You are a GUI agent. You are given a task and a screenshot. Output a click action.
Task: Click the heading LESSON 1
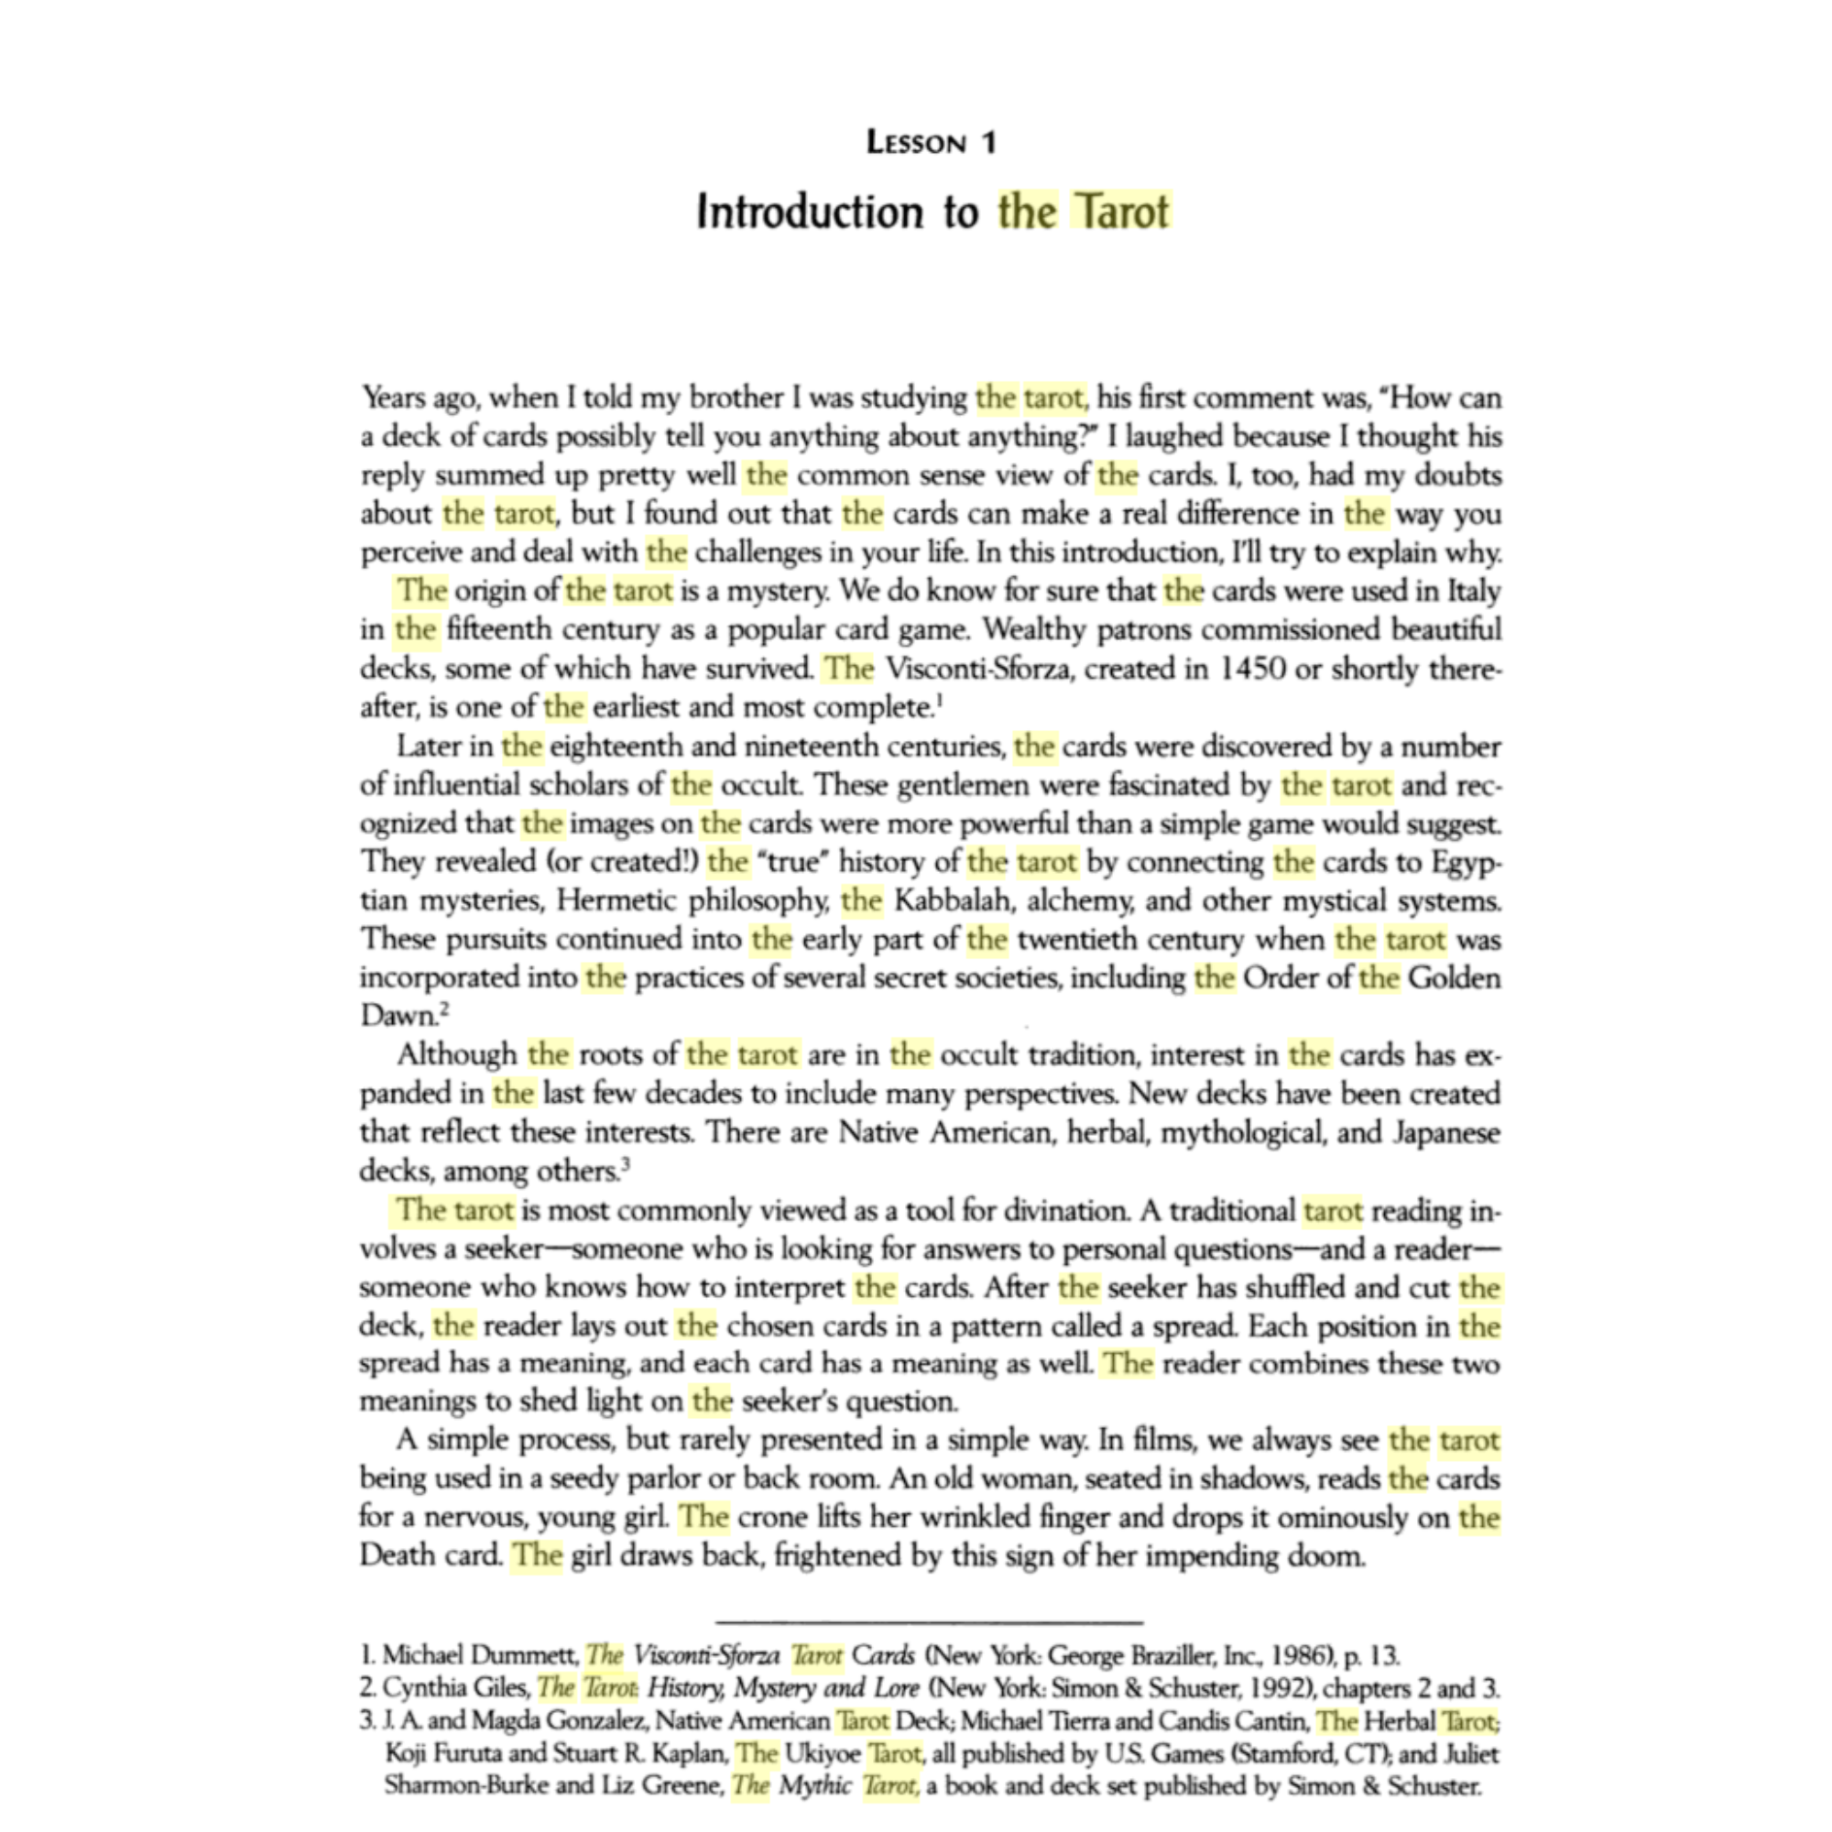pos(932,142)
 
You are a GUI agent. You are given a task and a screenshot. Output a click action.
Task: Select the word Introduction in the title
pos(809,212)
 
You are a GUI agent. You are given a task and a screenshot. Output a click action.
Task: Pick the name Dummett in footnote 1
pos(523,1655)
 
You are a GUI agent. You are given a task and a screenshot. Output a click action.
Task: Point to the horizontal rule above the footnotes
pos(929,1622)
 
